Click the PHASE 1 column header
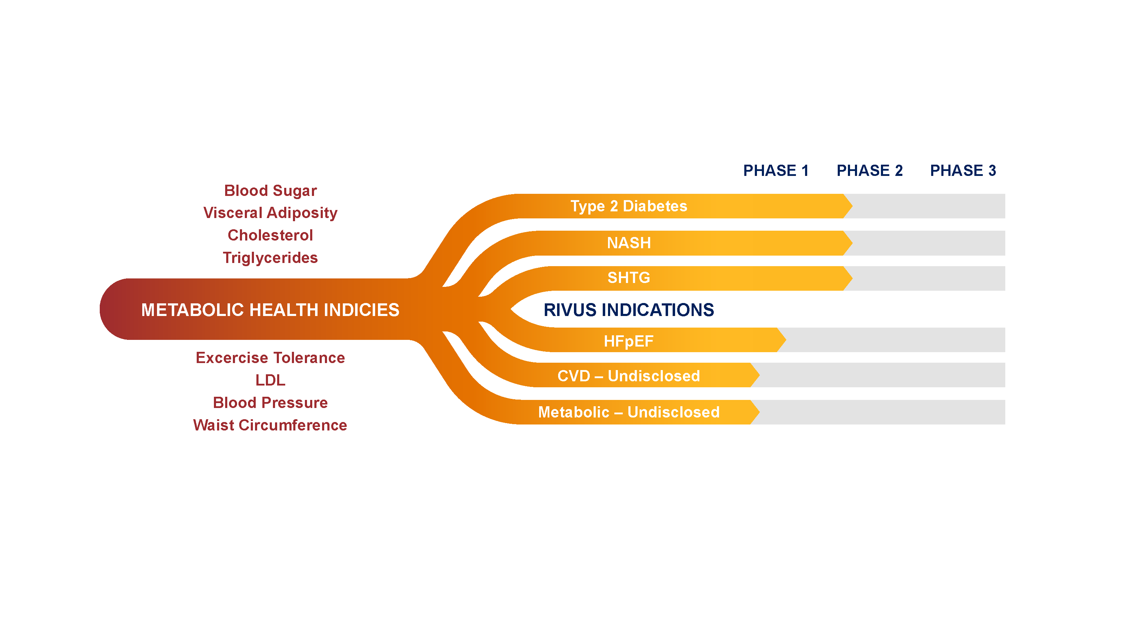[x=776, y=171]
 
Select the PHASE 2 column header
[x=870, y=171]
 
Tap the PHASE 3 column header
[x=963, y=171]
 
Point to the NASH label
[x=629, y=243]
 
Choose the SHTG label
[x=629, y=278]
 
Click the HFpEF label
[x=629, y=341]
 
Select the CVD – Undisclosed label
[x=629, y=376]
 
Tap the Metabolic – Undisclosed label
[x=629, y=412]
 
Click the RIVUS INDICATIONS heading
[x=629, y=310]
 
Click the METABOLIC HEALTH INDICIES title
[x=270, y=310]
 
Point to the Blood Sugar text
[x=270, y=191]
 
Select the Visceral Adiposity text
[x=270, y=213]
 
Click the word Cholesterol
[x=270, y=236]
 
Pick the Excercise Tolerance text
[x=270, y=358]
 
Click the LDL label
[x=270, y=380]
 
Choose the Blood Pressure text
[x=270, y=403]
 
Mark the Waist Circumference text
[x=270, y=425]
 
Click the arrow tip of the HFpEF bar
[x=786, y=340]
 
